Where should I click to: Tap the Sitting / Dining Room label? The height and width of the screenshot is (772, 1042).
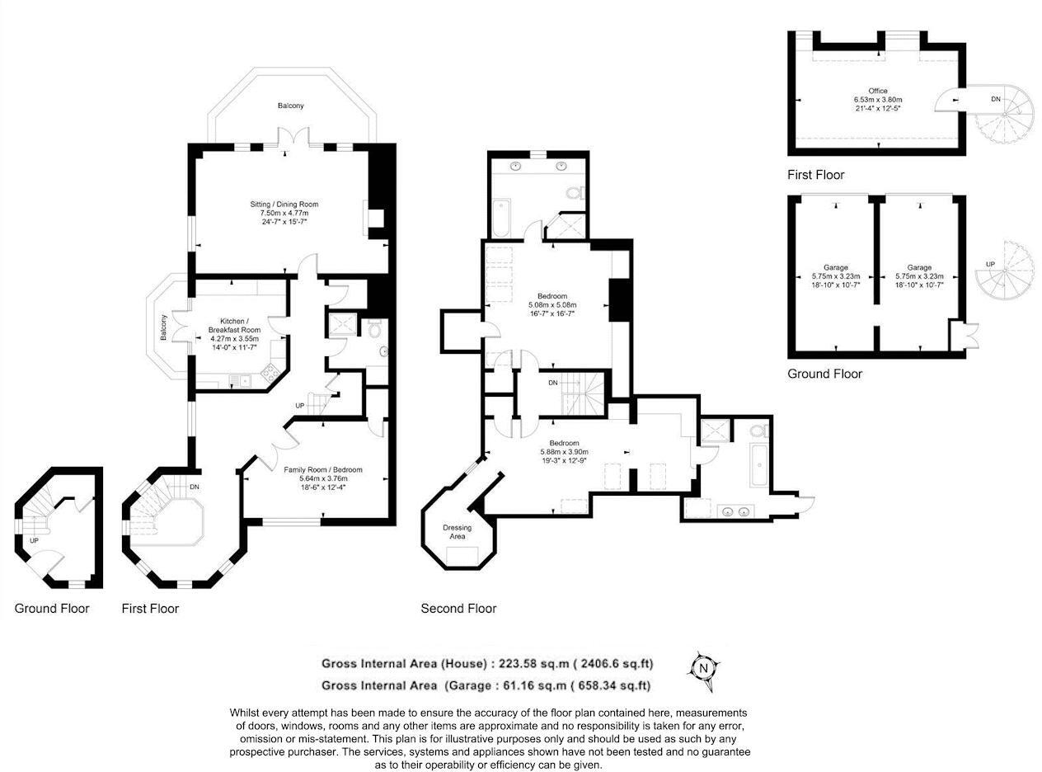[x=284, y=213]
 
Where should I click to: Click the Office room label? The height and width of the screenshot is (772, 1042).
[x=878, y=99]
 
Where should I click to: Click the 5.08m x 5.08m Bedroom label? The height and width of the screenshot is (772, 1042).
[x=552, y=305]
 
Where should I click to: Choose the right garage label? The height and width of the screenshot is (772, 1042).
[x=919, y=275]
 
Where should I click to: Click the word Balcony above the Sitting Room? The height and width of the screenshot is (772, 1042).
[x=290, y=106]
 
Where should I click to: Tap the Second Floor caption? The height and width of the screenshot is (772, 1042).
[x=458, y=609]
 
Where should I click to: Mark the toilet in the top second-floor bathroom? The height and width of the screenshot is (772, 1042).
[x=575, y=193]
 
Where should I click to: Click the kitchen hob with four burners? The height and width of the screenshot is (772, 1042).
[x=270, y=375]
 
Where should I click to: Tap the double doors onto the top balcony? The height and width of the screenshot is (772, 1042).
[x=293, y=138]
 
